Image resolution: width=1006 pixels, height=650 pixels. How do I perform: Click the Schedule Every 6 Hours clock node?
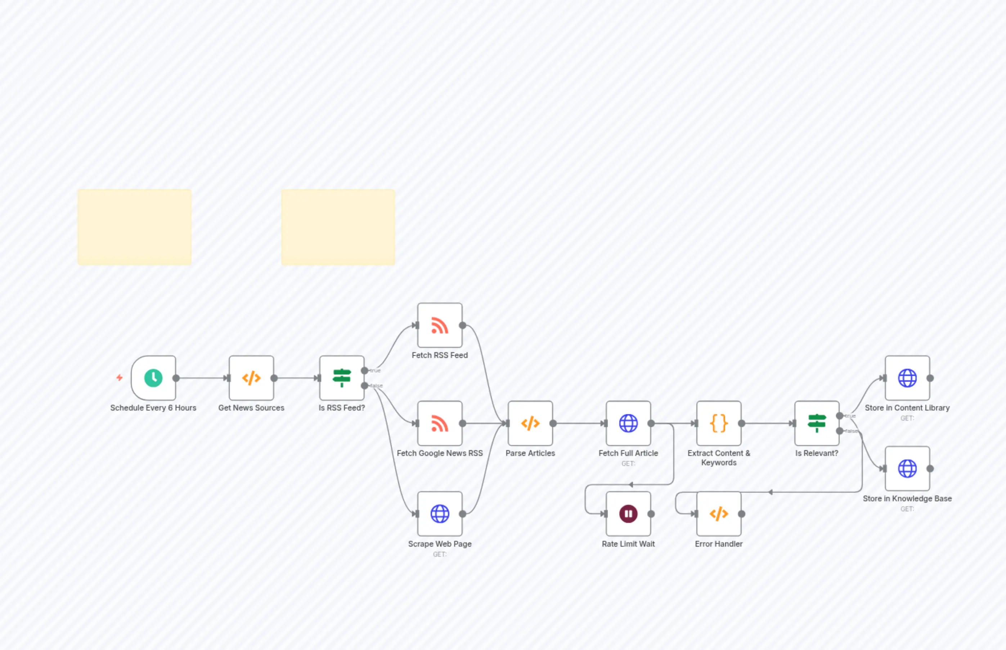153,378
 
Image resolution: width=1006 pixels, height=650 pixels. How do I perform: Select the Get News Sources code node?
251,378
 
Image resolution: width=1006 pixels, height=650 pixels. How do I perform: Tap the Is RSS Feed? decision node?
342,378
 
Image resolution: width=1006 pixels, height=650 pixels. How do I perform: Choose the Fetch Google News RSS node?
440,423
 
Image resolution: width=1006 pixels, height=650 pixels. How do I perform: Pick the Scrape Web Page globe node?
440,514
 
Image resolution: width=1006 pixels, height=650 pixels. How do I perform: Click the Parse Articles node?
530,423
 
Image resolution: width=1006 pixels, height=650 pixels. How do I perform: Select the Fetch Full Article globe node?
628,423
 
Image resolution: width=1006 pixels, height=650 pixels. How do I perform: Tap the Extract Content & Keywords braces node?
719,423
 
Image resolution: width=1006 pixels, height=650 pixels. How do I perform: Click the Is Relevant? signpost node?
817,423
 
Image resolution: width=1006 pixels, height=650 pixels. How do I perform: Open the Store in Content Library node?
907,378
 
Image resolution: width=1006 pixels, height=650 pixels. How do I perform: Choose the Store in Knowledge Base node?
907,469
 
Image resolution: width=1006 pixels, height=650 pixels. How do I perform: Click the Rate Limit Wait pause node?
628,514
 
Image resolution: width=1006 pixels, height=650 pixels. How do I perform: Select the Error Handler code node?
719,514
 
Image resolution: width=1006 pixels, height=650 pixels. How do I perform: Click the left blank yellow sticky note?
135,227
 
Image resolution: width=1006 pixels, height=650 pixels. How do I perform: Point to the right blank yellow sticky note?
338,227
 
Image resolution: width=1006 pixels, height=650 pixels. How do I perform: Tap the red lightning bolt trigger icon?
120,377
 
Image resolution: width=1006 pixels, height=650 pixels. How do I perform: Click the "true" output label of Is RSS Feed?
375,371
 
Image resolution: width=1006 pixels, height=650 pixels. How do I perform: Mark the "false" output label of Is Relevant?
851,431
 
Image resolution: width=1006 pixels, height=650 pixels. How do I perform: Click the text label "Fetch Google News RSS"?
440,453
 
